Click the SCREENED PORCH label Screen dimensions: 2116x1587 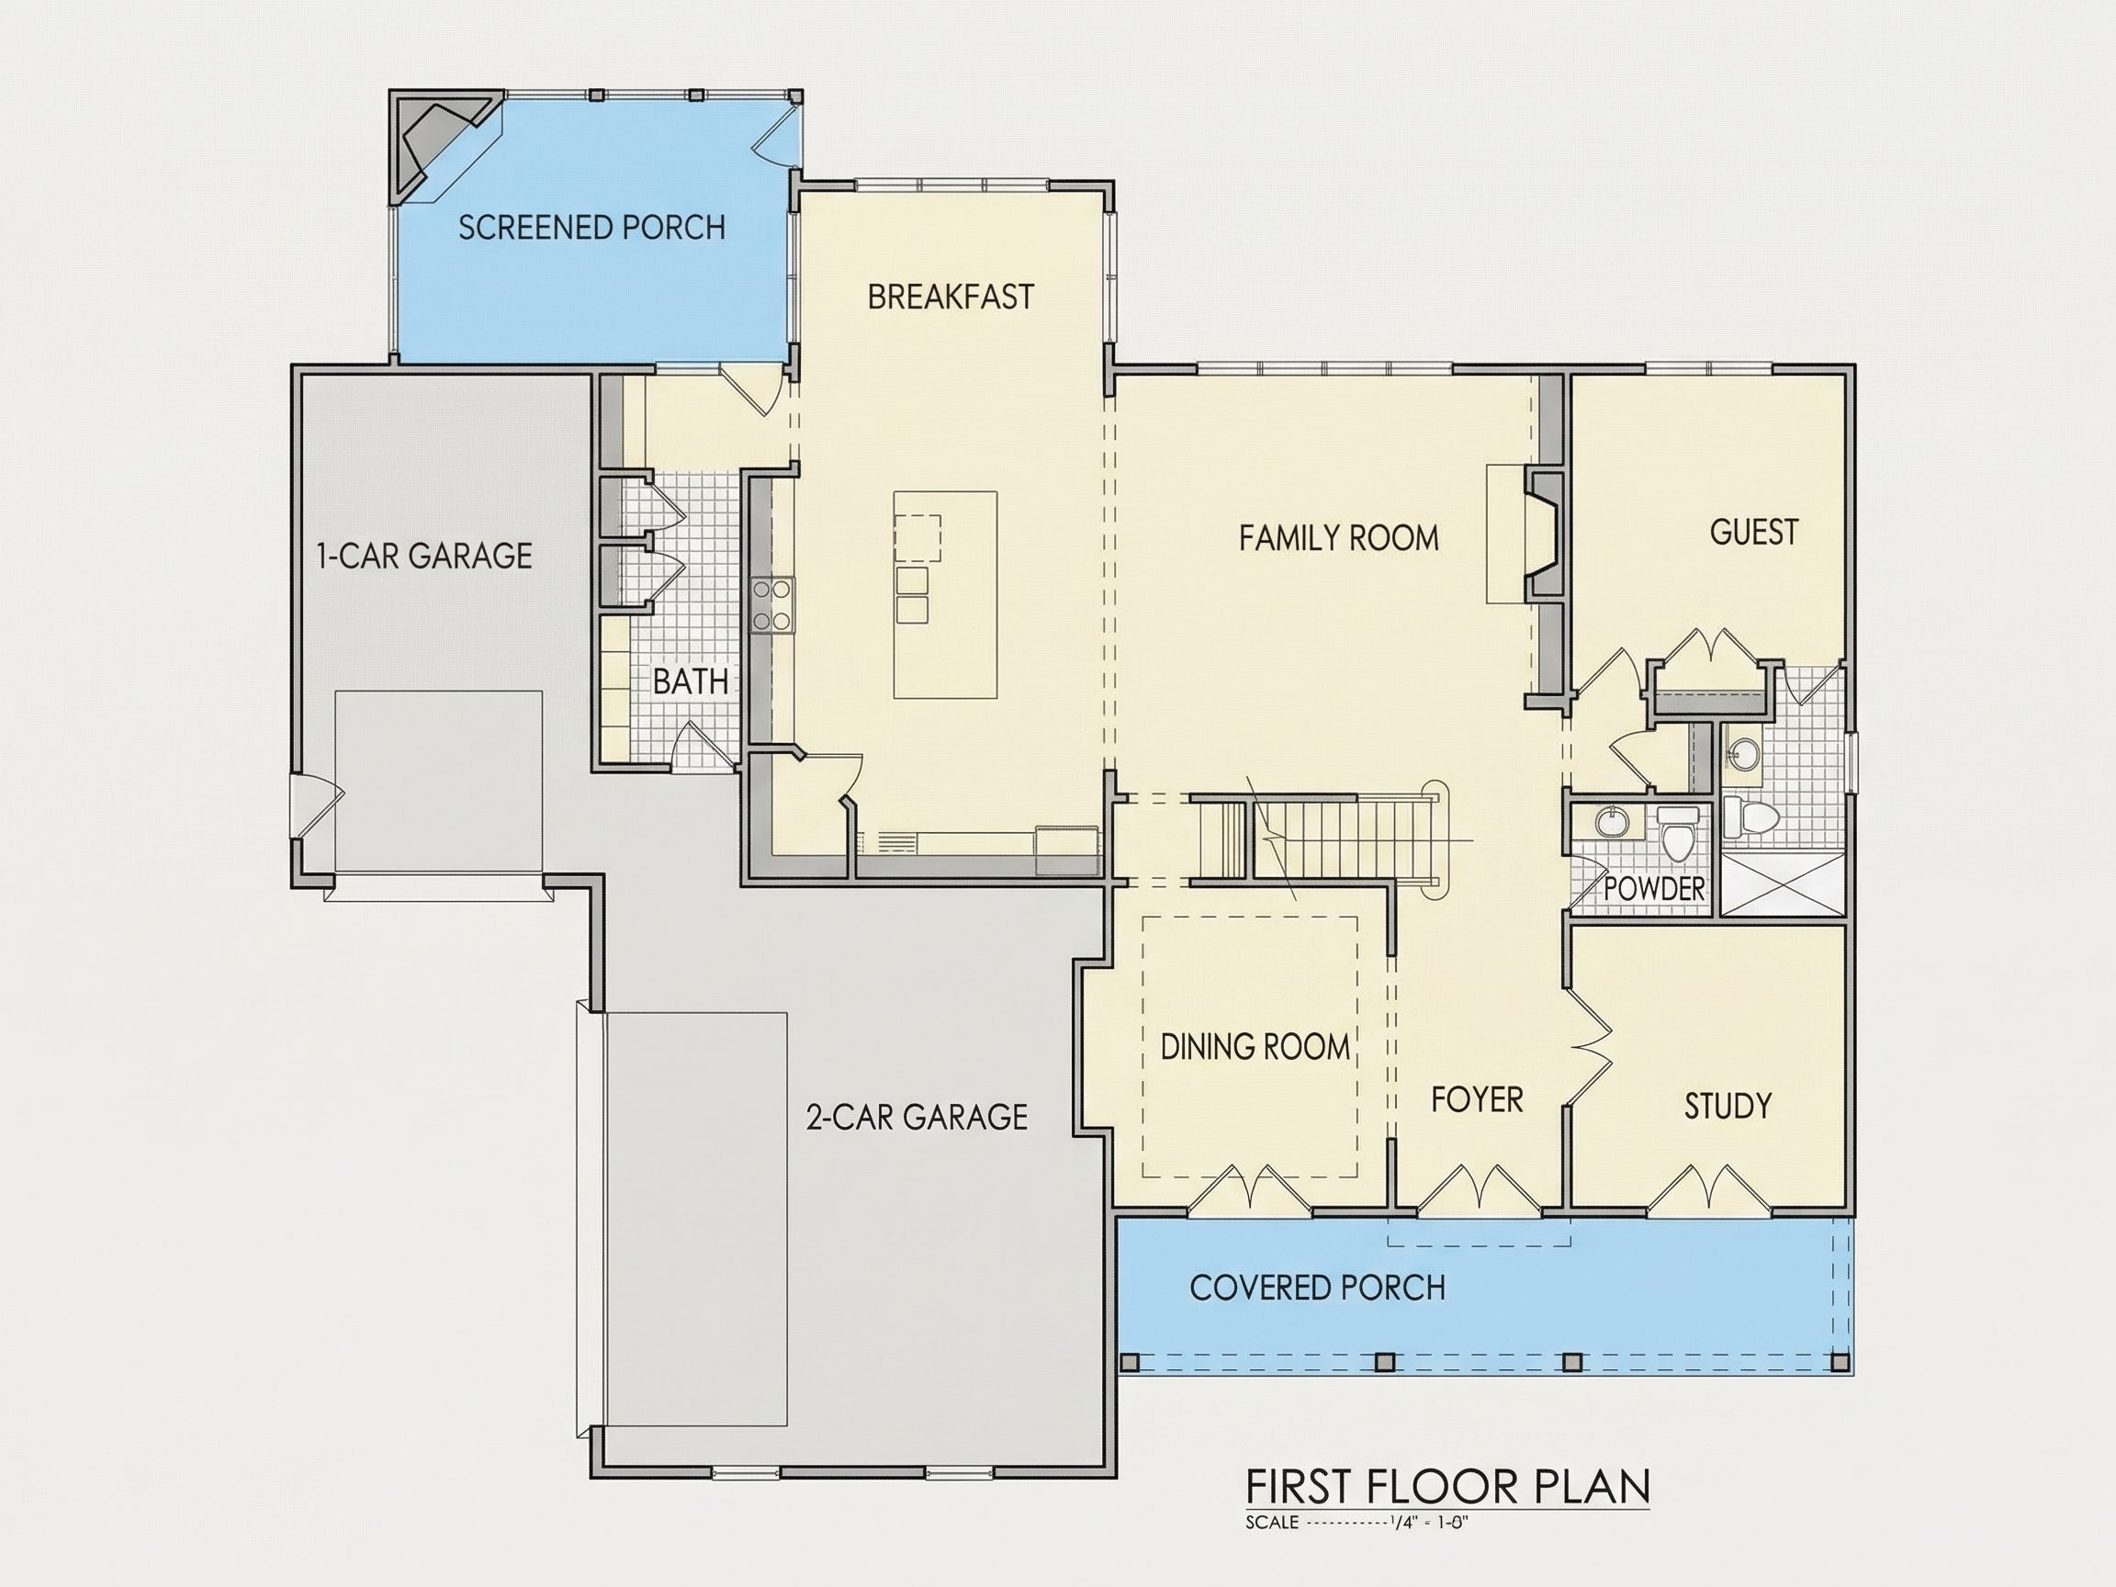pos(591,228)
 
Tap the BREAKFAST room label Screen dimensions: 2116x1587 pos(951,297)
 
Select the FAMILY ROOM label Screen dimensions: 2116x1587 pos(1338,537)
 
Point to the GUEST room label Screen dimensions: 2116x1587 pos(1753,532)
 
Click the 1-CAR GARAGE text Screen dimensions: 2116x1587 pos(423,556)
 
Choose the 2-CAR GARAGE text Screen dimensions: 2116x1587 pos(917,1117)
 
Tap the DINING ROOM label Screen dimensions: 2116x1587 pos(1255,1047)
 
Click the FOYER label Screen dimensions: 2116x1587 pos(1477,1100)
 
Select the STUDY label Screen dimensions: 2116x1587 pos(1728,1106)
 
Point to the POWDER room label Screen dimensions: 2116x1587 pos(1654,889)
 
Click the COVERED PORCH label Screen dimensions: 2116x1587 pos(1317,1288)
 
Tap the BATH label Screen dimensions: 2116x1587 pos(691,682)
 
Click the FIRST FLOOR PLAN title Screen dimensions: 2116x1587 pos(1448,1487)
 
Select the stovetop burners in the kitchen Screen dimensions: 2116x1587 pos(772,604)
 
